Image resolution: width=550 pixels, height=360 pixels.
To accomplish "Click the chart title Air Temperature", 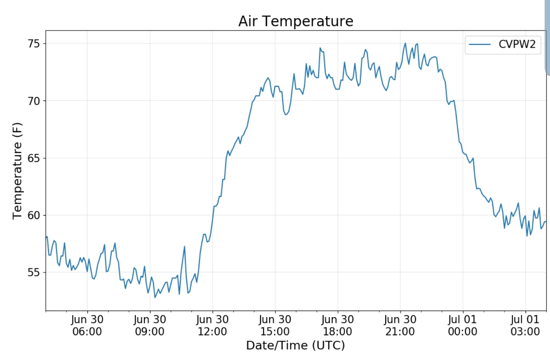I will pyautogui.click(x=296, y=21).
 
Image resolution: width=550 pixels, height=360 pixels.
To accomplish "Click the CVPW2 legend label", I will pyautogui.click(x=517, y=44).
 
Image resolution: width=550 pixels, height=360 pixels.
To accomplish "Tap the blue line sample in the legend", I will pyautogui.click(x=480, y=44).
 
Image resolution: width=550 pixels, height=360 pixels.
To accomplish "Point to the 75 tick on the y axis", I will pyautogui.click(x=34, y=44).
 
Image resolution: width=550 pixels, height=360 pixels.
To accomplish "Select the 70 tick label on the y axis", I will pyautogui.click(x=34, y=101).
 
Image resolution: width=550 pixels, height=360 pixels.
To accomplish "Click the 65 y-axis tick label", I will pyautogui.click(x=34, y=158).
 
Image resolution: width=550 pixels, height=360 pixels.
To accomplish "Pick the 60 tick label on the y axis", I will pyautogui.click(x=34, y=215).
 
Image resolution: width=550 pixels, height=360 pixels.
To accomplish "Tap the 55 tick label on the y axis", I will pyautogui.click(x=34, y=272).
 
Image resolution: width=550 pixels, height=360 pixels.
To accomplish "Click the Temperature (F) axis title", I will pyautogui.click(x=17, y=170).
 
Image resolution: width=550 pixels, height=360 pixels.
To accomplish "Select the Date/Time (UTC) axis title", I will pyautogui.click(x=295, y=345).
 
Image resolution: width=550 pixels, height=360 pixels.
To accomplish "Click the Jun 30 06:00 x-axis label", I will pyautogui.click(x=87, y=325).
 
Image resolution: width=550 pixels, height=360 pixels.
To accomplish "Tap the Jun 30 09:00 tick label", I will pyautogui.click(x=150, y=325).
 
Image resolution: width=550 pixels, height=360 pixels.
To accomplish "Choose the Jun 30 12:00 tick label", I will pyautogui.click(x=212, y=325).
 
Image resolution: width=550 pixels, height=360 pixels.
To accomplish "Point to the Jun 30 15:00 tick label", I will pyautogui.click(x=275, y=325).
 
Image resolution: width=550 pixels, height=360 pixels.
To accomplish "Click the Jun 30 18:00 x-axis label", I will pyautogui.click(x=338, y=325).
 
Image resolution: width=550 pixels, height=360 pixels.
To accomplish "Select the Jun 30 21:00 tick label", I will pyautogui.click(x=400, y=325).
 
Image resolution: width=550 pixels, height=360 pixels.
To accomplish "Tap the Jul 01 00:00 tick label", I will pyautogui.click(x=463, y=325).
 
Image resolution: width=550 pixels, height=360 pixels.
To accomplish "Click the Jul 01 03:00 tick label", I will pyautogui.click(x=525, y=325).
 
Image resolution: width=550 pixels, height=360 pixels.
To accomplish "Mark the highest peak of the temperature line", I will pyautogui.click(x=405, y=43).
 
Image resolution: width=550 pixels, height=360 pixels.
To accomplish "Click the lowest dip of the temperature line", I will pyautogui.click(x=155, y=297).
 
